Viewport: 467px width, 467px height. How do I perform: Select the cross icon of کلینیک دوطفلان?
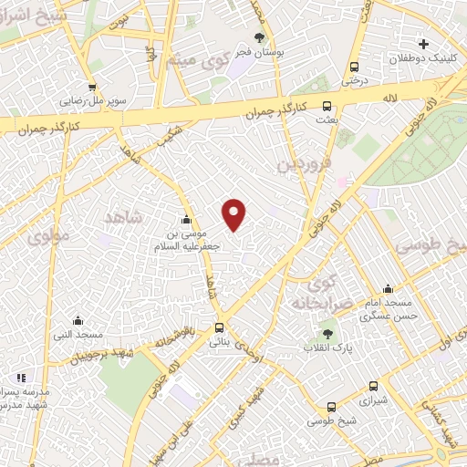(422, 44)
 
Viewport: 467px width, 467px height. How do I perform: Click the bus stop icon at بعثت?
(327, 105)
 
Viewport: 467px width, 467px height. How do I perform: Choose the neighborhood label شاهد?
(126, 216)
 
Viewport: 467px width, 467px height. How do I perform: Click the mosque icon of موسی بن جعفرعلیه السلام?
(187, 220)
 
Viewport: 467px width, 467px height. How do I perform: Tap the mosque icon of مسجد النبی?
(78, 320)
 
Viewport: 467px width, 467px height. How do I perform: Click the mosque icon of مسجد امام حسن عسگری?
(388, 289)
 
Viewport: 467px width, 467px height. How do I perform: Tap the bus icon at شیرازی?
(372, 386)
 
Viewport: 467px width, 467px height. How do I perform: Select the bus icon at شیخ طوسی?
(330, 407)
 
